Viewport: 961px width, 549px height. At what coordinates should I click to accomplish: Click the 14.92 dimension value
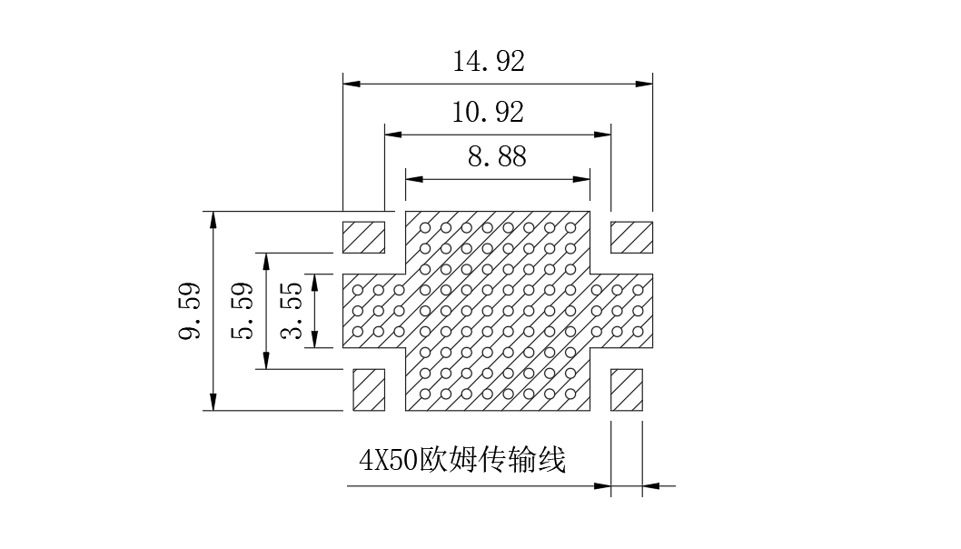click(x=489, y=61)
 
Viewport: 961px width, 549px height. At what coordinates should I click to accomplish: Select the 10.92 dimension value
click(x=488, y=112)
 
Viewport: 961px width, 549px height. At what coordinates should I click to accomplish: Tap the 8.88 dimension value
click(x=497, y=157)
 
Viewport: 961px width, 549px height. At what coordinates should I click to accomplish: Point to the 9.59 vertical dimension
click(x=189, y=311)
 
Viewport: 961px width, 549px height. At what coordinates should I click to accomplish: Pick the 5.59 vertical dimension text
click(x=242, y=311)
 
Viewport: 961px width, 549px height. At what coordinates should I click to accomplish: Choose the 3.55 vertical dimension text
click(x=292, y=311)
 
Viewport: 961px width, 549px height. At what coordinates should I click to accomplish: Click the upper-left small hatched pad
click(x=363, y=237)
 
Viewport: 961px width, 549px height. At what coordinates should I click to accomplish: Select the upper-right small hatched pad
click(x=631, y=237)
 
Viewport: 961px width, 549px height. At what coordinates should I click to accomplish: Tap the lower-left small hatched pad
click(x=369, y=390)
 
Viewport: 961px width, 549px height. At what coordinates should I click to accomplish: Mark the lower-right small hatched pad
click(x=627, y=390)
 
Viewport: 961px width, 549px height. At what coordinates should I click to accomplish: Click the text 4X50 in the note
click(x=389, y=460)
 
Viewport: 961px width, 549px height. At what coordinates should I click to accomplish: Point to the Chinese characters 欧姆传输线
click(x=492, y=459)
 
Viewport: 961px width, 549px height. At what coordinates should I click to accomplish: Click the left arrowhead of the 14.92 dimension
click(x=352, y=84)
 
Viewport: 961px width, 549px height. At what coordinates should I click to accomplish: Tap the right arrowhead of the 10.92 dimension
click(x=602, y=135)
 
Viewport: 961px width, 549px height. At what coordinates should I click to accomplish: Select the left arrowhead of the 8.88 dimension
click(x=414, y=180)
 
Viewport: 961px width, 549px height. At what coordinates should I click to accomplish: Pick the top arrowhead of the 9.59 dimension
click(x=213, y=220)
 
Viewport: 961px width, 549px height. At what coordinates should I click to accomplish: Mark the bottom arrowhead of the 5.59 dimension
click(x=266, y=361)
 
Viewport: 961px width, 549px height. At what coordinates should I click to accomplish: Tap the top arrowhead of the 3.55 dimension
click(x=314, y=283)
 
